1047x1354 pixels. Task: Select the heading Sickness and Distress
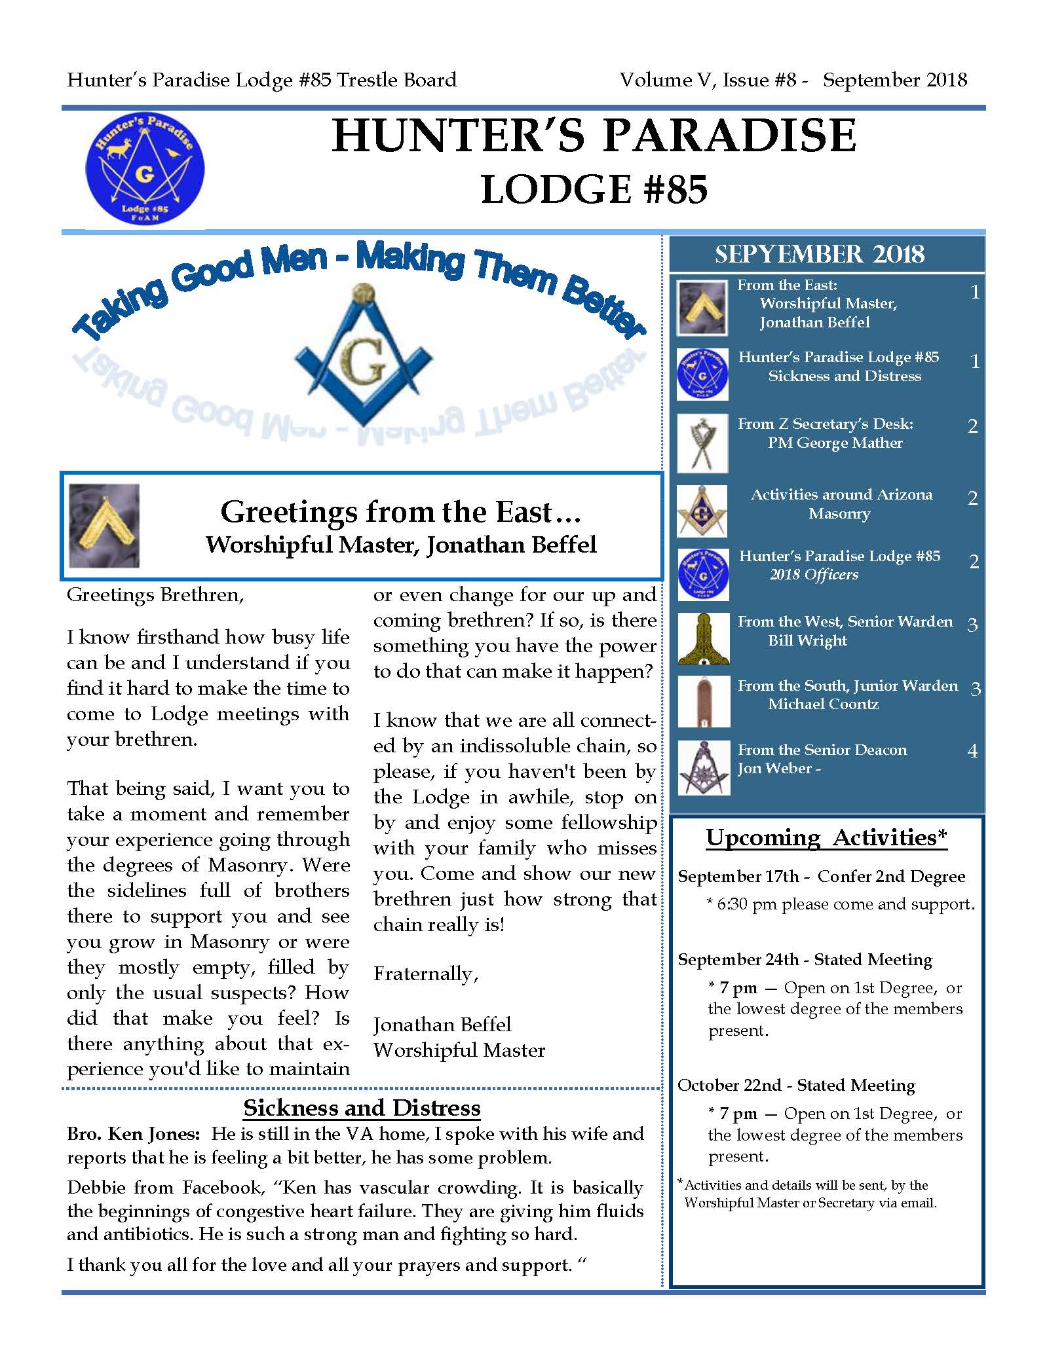click(x=362, y=1108)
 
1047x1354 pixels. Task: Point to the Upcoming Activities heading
click(x=826, y=837)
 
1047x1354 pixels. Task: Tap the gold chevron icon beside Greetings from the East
click(x=104, y=526)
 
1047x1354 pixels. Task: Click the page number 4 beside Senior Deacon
click(x=972, y=750)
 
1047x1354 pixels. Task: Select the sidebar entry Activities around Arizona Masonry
click(x=841, y=503)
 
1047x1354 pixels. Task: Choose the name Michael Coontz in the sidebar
click(x=823, y=704)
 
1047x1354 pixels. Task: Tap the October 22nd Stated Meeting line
click(x=796, y=1085)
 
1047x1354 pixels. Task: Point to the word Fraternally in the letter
click(x=426, y=974)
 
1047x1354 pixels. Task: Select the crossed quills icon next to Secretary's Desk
click(x=702, y=443)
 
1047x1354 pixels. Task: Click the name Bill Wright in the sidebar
click(x=807, y=640)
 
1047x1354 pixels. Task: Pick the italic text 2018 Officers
click(x=813, y=575)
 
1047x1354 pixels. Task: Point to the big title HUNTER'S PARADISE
click(x=594, y=136)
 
